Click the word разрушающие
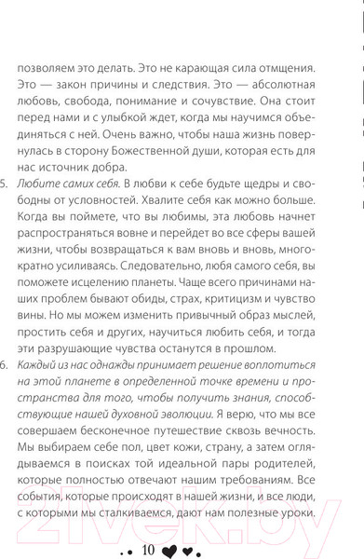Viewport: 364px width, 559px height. point(93,403)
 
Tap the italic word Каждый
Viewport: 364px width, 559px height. point(55,426)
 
